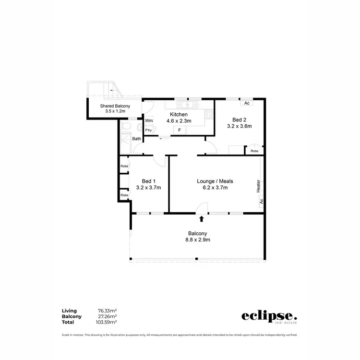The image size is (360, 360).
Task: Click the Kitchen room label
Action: [179, 115]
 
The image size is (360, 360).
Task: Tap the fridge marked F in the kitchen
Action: [180, 130]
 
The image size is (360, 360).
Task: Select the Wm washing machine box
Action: [149, 120]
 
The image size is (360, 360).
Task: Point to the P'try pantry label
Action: [149, 130]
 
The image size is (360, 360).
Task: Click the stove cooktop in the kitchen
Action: [209, 115]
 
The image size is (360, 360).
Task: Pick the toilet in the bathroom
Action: [125, 127]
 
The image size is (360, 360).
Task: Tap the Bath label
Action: [137, 139]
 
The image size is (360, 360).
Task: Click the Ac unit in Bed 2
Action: [247, 103]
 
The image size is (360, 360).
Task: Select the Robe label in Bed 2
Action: [254, 151]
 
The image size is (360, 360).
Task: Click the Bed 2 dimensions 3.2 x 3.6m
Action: [239, 126]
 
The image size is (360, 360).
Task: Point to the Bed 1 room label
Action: [148, 181]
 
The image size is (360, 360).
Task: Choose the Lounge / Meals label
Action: [215, 181]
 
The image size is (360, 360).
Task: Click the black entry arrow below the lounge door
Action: [202, 219]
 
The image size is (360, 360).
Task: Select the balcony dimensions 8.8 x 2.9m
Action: [198, 240]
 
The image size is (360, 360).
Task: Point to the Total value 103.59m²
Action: [106, 322]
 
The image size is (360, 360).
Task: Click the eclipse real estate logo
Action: [269, 317]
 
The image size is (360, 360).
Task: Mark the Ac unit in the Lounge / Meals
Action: [262, 202]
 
